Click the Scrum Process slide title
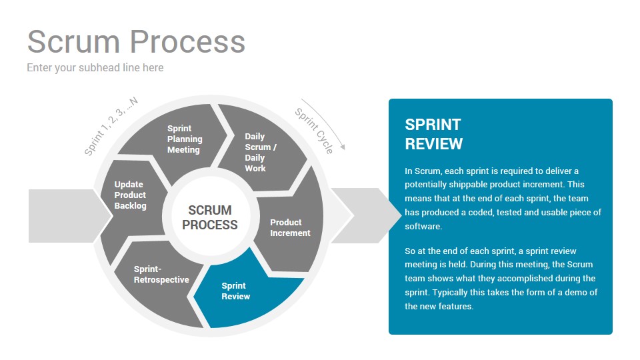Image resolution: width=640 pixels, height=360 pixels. [x=136, y=42]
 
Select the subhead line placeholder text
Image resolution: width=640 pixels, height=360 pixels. [x=95, y=68]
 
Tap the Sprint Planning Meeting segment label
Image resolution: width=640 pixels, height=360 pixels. [x=185, y=139]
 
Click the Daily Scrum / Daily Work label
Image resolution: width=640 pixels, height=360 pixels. [x=261, y=152]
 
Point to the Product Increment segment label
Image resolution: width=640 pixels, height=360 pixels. [x=290, y=228]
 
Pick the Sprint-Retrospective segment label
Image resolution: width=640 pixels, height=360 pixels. [x=161, y=275]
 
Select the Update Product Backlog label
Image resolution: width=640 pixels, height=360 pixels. [x=130, y=195]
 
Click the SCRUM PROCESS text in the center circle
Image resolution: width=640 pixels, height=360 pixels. [x=210, y=217]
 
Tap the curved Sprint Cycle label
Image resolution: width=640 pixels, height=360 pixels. [x=314, y=131]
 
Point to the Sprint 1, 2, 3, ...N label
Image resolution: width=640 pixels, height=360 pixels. [x=111, y=127]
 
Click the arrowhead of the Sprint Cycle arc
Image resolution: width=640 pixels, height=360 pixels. [x=343, y=147]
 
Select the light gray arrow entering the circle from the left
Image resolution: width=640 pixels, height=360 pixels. [x=70, y=216]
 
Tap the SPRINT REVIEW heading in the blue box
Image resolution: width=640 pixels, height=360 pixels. [x=433, y=134]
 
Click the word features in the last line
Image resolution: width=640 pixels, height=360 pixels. [x=456, y=306]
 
